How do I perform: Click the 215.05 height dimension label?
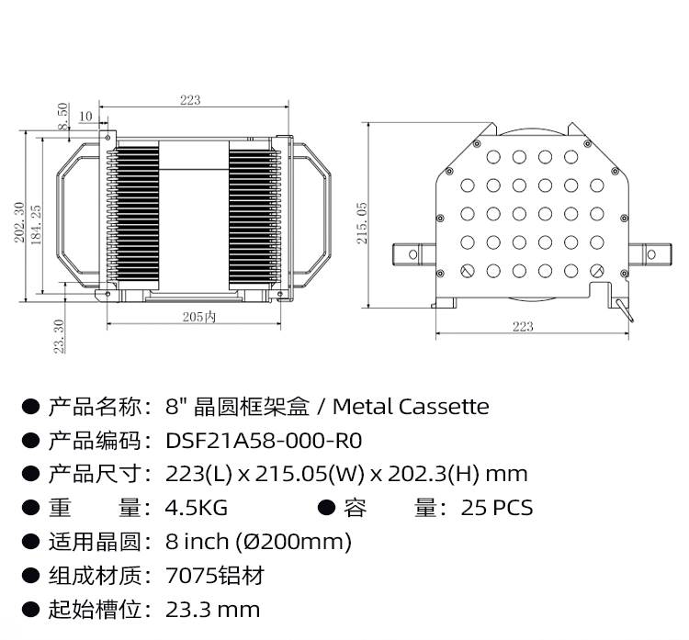click(x=362, y=222)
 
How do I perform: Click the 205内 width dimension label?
click(x=198, y=317)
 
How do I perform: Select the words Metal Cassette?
click(x=411, y=406)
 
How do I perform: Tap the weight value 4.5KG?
click(x=197, y=508)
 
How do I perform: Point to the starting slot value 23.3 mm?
click(x=213, y=609)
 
